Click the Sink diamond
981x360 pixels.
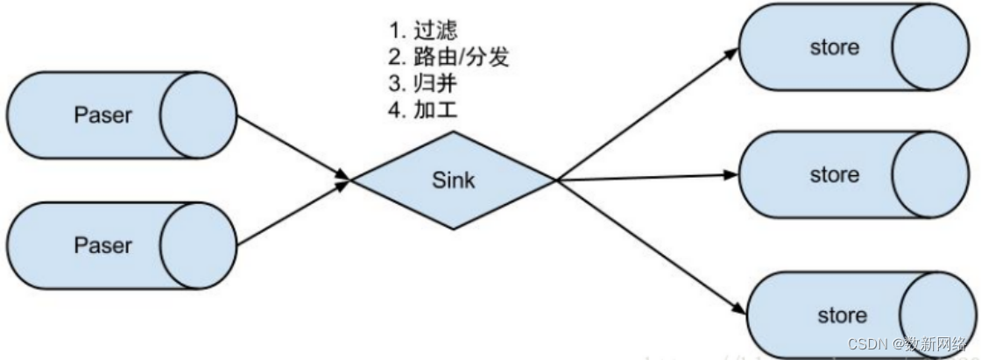coord(453,180)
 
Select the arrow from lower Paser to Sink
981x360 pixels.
coord(293,213)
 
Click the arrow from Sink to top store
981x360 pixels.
coord(644,116)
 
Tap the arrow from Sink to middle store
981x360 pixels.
coord(648,178)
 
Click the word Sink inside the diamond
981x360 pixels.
coord(453,180)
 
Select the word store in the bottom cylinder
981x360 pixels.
coord(842,315)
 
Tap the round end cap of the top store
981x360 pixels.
coord(925,47)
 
